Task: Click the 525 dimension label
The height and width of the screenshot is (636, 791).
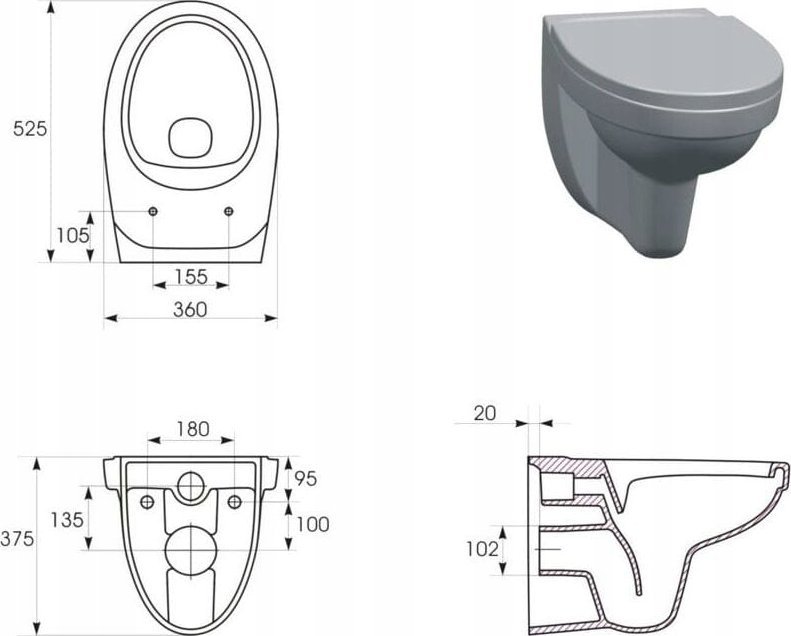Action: pyautogui.click(x=30, y=129)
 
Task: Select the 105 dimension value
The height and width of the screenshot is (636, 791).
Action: pyautogui.click(x=73, y=235)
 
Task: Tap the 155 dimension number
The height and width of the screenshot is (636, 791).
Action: pyautogui.click(x=191, y=276)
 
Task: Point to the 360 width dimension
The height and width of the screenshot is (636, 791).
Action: pyautogui.click(x=190, y=310)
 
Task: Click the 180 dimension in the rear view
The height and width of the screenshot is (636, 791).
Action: pyautogui.click(x=193, y=429)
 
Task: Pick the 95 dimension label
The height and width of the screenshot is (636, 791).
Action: pyautogui.click(x=306, y=478)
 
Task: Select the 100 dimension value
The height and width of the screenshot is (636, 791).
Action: pyautogui.click(x=312, y=525)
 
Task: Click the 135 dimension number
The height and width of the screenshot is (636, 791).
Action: pyautogui.click(x=67, y=519)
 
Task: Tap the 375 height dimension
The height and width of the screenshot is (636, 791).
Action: pyautogui.click(x=17, y=539)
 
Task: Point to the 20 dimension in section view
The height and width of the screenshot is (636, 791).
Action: pyautogui.click(x=485, y=413)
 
